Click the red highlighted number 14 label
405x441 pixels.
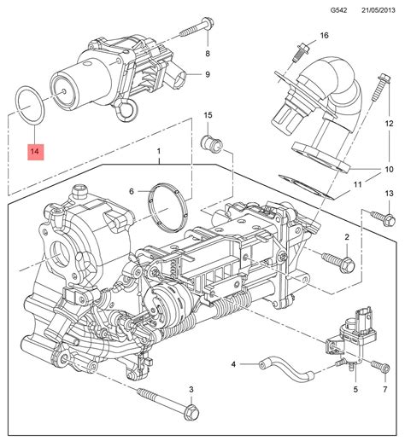click(x=36, y=152)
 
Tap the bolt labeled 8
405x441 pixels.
click(x=197, y=27)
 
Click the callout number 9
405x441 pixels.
click(x=208, y=74)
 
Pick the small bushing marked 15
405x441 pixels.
click(x=211, y=143)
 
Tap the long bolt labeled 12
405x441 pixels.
click(x=380, y=87)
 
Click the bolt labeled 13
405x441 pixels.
click(x=383, y=218)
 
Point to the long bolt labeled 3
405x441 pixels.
click(x=168, y=403)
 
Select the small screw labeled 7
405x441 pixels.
click(x=380, y=367)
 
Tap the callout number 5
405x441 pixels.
click(x=355, y=389)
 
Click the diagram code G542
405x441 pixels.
click(x=338, y=10)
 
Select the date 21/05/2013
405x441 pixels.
click(x=379, y=10)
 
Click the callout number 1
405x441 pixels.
click(x=159, y=151)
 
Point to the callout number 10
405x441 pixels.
click(x=389, y=169)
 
